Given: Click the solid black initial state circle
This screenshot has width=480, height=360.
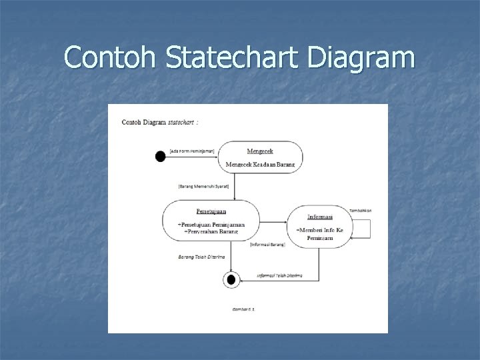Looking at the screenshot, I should (x=160, y=157).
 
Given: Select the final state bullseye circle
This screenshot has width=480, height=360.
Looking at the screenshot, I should (x=231, y=280).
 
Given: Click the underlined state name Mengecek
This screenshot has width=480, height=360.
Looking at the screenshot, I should (x=260, y=151).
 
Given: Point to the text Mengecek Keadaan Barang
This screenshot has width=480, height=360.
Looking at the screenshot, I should (x=260, y=164).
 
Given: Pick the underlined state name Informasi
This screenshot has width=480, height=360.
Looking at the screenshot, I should (x=320, y=217).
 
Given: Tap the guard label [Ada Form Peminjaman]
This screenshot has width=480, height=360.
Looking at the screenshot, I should (x=192, y=151).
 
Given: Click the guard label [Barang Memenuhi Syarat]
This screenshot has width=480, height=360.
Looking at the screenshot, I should (x=203, y=186).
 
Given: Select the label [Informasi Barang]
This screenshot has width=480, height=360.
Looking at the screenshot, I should (x=267, y=245).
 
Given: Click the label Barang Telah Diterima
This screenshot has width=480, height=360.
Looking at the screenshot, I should (x=201, y=255).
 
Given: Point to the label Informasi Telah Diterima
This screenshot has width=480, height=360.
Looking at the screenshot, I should (x=279, y=275).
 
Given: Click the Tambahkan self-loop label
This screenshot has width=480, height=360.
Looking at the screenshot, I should (x=359, y=210).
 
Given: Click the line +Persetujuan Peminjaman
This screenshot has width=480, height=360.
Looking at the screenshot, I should (x=211, y=224).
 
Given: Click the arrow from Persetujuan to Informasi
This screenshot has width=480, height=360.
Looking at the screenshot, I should (x=273, y=221).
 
